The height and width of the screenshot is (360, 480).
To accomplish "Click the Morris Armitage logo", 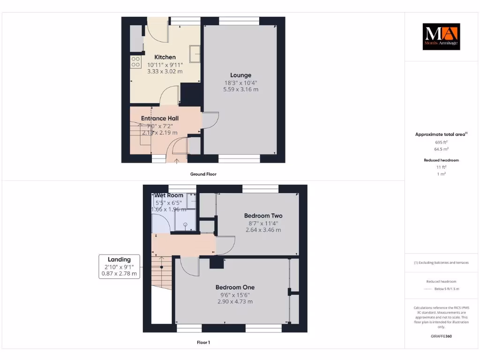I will [x=441, y=37].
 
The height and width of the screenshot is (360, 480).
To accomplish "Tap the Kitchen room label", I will [x=165, y=57].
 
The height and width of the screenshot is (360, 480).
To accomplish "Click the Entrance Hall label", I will [x=160, y=118].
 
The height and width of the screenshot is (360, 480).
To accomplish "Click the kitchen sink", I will [x=194, y=53].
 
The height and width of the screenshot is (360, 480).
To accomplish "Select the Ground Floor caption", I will [x=203, y=174].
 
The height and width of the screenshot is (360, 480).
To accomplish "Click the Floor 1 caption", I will [x=203, y=343].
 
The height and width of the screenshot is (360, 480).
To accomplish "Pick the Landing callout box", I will [x=119, y=266].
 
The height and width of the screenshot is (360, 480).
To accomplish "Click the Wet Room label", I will [x=169, y=195].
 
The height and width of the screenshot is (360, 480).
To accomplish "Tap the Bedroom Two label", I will [x=263, y=216].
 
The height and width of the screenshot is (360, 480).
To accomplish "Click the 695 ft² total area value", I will [x=441, y=142].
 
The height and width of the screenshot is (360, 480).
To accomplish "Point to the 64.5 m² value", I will [x=441, y=149].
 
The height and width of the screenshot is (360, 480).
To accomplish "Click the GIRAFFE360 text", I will [x=441, y=336].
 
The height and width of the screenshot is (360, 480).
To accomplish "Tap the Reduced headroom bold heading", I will [x=441, y=160].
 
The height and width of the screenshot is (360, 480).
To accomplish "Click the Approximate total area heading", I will [x=441, y=135].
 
